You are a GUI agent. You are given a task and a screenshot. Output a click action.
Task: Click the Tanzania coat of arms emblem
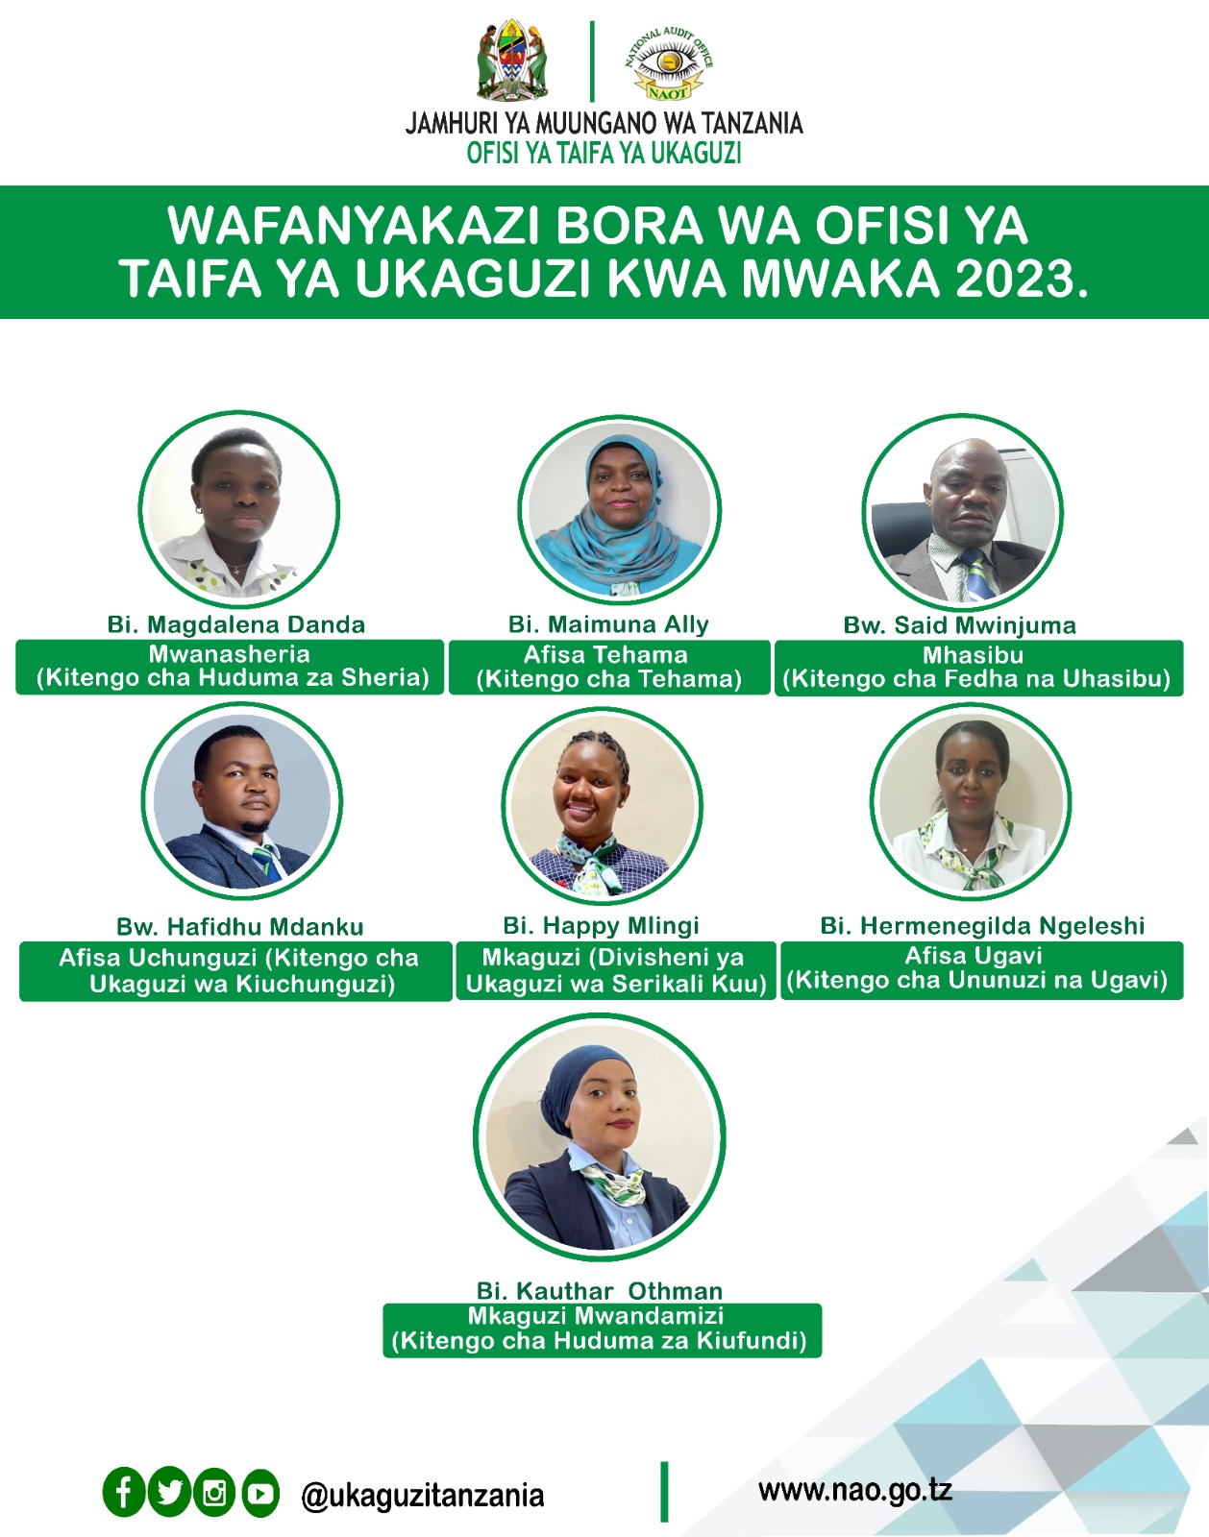512,60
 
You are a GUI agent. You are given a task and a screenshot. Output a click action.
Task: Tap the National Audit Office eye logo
669,63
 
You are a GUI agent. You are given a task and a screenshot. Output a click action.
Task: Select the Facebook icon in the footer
124,1493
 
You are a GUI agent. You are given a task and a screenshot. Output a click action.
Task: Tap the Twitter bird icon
169,1493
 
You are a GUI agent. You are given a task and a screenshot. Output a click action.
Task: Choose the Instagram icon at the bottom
214,1493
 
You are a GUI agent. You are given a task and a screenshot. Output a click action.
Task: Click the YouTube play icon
260,1493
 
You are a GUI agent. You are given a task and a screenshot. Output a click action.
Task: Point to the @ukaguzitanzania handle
423,1495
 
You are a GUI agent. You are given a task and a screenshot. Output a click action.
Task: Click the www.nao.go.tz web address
855,1491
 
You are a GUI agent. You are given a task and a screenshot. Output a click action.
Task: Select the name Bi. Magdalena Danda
236,625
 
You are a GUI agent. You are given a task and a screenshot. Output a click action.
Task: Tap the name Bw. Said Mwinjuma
960,625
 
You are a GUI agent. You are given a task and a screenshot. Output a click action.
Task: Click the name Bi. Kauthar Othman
601,1291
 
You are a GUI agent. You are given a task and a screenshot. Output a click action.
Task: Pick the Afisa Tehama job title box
609,667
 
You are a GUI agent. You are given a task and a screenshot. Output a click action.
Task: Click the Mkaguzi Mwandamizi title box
603,1330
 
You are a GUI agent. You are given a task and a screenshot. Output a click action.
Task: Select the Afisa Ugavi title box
982,970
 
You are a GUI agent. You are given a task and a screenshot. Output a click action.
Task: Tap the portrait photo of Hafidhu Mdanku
241,800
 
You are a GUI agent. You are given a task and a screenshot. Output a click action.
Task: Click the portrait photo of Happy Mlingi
603,805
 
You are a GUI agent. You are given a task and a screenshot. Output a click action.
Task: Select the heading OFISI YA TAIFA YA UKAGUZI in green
604,153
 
